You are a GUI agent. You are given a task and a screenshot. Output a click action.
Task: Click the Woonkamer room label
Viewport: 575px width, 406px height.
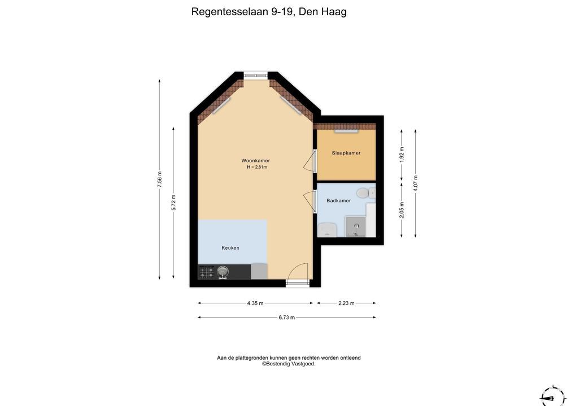(256, 160)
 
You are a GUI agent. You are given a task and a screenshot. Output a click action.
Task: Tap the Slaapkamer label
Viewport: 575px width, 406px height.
(346, 153)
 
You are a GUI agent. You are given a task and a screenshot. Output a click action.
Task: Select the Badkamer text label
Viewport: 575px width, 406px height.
(338, 201)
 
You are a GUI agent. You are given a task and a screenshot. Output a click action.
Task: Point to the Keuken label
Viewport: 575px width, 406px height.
(230, 248)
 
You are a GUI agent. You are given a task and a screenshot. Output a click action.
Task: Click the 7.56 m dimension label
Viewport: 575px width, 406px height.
(159, 179)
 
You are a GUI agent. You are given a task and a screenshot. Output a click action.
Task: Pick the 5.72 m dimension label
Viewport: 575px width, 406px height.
(173, 203)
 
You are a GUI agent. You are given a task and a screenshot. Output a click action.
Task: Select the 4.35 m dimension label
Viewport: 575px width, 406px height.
(255, 303)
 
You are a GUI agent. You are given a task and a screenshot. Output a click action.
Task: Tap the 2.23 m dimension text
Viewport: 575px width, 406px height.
(346, 303)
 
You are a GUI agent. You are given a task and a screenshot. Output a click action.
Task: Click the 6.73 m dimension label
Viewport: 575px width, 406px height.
(287, 317)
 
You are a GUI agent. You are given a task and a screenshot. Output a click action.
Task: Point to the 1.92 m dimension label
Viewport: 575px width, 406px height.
(402, 155)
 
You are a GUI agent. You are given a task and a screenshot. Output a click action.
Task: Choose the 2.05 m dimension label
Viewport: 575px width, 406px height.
(402, 210)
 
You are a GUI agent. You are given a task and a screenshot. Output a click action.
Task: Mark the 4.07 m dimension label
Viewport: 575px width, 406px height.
(416, 183)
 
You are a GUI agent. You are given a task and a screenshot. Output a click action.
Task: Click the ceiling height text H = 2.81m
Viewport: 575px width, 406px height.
(256, 167)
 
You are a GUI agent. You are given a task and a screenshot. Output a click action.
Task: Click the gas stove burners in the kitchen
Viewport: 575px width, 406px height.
(207, 272)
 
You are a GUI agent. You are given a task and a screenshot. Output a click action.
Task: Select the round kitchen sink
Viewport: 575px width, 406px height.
(223, 272)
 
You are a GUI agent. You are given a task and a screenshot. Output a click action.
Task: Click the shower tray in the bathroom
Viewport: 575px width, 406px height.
(356, 226)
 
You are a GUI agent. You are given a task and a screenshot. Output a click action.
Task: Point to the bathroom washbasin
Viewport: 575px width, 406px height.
(327, 230)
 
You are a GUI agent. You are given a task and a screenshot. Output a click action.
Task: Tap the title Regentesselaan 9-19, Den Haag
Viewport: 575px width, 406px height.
(269, 12)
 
